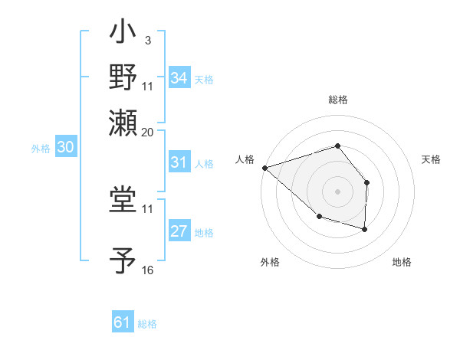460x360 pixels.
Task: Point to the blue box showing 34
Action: coord(179,78)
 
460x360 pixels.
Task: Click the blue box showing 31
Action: coord(179,162)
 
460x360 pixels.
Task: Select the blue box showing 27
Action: coord(179,231)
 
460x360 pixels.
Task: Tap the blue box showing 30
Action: coord(65,148)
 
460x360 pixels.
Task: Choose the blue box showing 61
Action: coord(123,322)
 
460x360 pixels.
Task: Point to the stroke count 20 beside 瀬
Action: coord(147,132)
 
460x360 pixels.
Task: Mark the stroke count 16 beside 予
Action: coord(147,270)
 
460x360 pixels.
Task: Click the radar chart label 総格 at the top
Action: coord(338,100)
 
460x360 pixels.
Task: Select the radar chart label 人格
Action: coord(245,159)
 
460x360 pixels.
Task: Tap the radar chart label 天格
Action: coord(432,159)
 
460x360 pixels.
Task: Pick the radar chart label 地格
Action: coord(402,262)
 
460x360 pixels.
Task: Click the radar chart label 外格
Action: coord(270,262)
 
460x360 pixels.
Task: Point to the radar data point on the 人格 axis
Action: coord(264,167)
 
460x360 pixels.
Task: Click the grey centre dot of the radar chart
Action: coord(338,191)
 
